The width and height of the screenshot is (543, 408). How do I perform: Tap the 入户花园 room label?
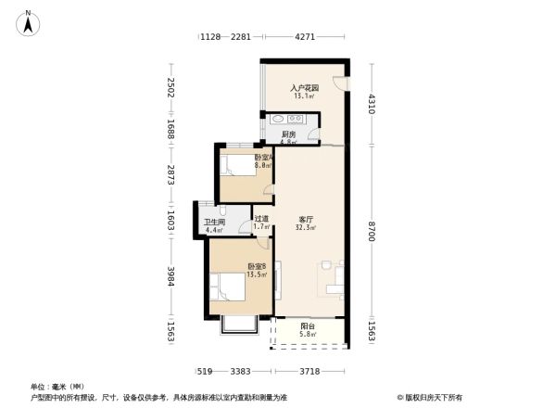pos(303,88)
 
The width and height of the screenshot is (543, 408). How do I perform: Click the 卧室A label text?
pos(263,158)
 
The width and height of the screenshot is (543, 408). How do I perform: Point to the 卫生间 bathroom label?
pos(215,222)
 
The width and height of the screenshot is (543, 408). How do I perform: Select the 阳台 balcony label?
pos(306,325)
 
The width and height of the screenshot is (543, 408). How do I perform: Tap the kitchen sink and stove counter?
pos(289,119)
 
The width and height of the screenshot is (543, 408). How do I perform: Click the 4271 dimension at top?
pos(307,37)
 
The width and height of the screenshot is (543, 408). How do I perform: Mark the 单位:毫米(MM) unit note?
pos(57,386)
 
